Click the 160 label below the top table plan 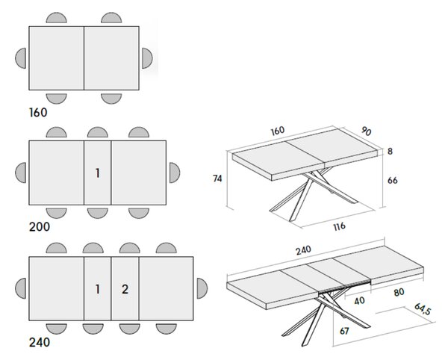(x=38, y=113)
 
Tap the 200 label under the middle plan (x=40, y=227)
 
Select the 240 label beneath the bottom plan (x=40, y=342)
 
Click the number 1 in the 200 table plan (x=98, y=173)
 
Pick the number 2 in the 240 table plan (x=125, y=290)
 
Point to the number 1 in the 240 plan (x=98, y=290)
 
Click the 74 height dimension (x=217, y=179)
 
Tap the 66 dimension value (x=393, y=180)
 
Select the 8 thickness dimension (x=390, y=151)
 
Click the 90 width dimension (x=366, y=131)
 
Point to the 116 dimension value (x=340, y=226)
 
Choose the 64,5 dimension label (x=423, y=309)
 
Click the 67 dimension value (x=344, y=331)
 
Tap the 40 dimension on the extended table (x=359, y=300)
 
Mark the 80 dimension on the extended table (x=399, y=292)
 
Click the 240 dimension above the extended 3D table (x=303, y=250)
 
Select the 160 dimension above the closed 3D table (x=278, y=131)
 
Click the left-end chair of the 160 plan (x=21, y=58)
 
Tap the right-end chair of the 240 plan (x=202, y=288)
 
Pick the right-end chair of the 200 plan (x=175, y=173)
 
